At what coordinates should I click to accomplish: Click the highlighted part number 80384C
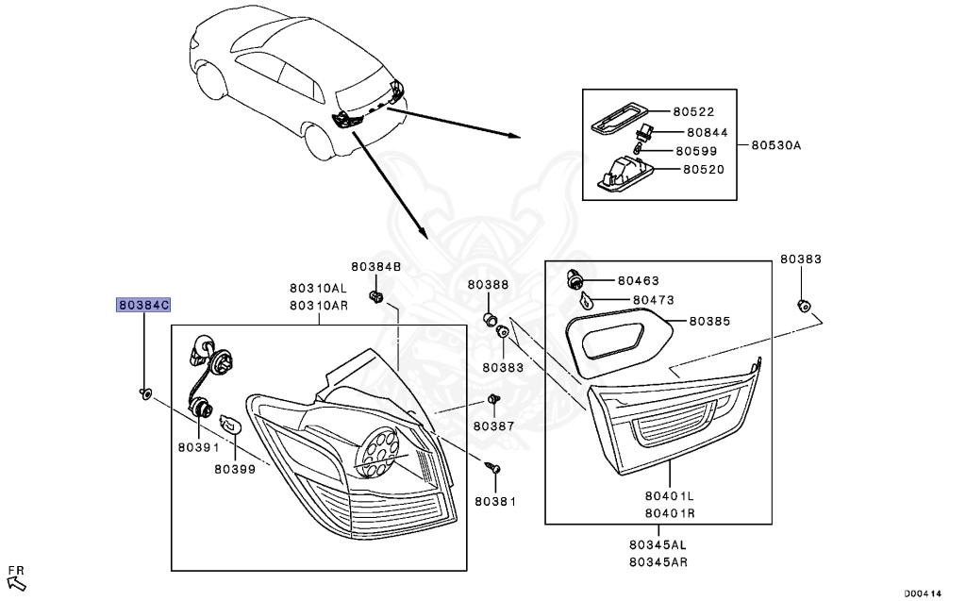point(143,305)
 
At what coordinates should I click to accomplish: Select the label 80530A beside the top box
point(775,145)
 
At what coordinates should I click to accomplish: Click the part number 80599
point(696,151)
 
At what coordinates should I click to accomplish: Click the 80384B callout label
point(376,268)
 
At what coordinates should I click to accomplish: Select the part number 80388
point(488,285)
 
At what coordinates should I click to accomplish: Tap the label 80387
point(494,426)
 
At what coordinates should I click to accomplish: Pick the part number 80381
point(495,502)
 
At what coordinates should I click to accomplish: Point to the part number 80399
point(235,468)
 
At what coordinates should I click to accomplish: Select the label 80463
point(639,280)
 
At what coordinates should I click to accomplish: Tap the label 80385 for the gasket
point(709,321)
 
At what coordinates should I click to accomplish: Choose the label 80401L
point(670,494)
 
